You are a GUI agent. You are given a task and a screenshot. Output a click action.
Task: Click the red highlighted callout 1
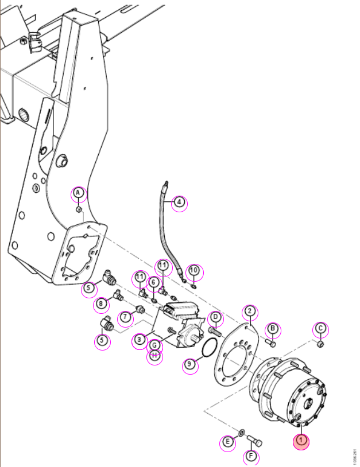click(x=301, y=441)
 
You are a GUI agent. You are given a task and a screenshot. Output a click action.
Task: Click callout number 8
click(x=101, y=305)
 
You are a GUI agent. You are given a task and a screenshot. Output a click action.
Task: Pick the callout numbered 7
click(x=126, y=317)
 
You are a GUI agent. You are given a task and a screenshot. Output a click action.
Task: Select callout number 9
click(x=190, y=365)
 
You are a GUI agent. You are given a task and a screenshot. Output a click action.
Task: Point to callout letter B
click(x=273, y=330)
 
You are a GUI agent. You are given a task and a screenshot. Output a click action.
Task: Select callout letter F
click(x=251, y=457)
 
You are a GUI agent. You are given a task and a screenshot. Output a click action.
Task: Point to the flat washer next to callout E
click(x=242, y=432)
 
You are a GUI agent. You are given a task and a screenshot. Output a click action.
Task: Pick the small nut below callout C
click(x=320, y=344)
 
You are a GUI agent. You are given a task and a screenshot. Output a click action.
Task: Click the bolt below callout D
click(x=215, y=331)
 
